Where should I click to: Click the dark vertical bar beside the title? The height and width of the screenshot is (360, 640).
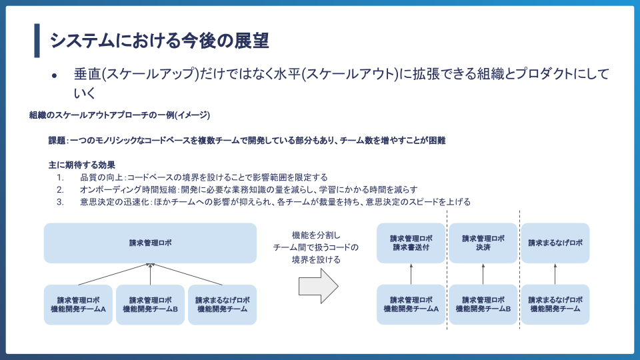pyautogui.click(x=37, y=41)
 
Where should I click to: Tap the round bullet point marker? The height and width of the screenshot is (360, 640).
pyautogui.click(x=55, y=76)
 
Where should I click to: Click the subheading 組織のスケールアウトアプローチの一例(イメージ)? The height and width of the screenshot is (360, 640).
pyautogui.click(x=120, y=115)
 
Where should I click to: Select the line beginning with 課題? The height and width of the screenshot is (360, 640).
pyautogui.click(x=246, y=141)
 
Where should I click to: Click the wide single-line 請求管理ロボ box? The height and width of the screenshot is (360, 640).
pyautogui.click(x=150, y=243)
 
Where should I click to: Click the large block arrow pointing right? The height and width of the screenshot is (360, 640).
pyautogui.click(x=318, y=287)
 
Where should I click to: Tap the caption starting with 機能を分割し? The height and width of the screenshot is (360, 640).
pyautogui.click(x=316, y=247)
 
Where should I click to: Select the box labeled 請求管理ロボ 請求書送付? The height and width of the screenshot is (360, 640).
pyautogui.click(x=411, y=243)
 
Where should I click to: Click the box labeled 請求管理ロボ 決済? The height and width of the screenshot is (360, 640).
pyautogui.click(x=483, y=243)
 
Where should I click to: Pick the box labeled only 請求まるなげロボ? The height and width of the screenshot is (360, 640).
pyautogui.click(x=555, y=243)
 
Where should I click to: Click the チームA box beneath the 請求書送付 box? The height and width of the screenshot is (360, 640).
pyautogui.click(x=411, y=305)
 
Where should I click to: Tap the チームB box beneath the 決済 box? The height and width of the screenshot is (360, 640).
pyautogui.click(x=483, y=305)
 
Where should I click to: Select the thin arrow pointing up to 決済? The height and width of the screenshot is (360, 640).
pyautogui.click(x=483, y=274)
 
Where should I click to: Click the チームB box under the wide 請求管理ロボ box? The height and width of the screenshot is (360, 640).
pyautogui.click(x=150, y=305)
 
